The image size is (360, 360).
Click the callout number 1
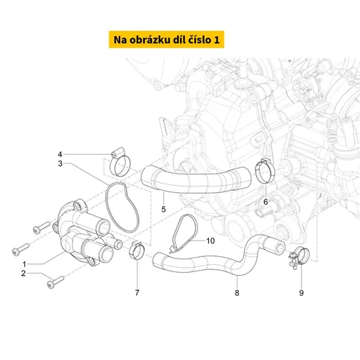tap(24, 264)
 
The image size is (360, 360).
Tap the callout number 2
tap(23, 273)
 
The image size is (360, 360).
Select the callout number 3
tap(60, 163)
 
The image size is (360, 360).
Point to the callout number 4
tap(60, 154)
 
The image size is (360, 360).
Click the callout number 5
tap(163, 210)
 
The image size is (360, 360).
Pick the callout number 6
tap(266, 202)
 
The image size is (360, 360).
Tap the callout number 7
tap(137, 292)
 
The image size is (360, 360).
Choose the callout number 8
tap(237, 293)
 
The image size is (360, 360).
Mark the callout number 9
tap(302, 293)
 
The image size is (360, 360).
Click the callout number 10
tap(210, 240)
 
